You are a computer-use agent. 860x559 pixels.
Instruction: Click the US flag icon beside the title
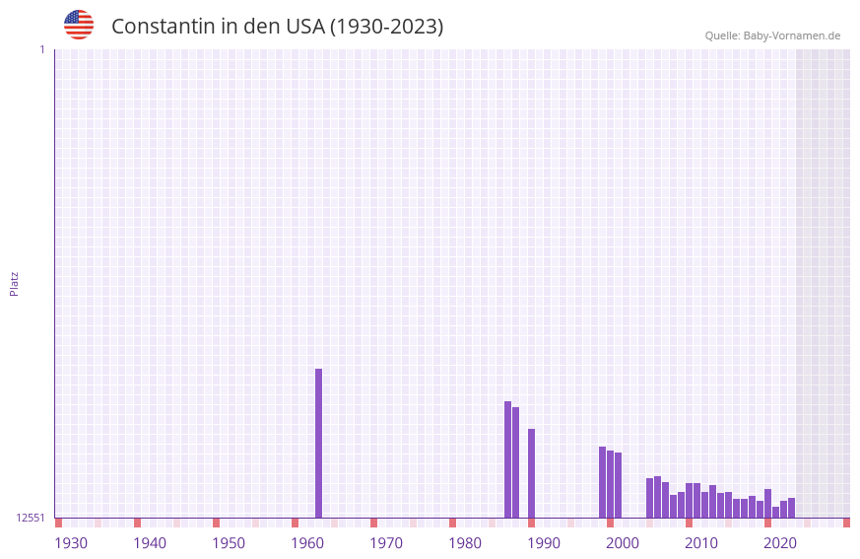tap(79, 25)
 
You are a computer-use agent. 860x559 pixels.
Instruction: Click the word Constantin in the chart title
tap(162, 27)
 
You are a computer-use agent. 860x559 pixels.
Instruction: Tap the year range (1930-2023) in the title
tap(386, 27)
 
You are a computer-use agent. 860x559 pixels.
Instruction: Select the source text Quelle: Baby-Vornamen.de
tap(772, 35)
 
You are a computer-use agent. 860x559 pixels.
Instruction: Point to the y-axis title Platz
tap(14, 283)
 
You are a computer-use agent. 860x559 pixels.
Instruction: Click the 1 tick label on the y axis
tap(42, 49)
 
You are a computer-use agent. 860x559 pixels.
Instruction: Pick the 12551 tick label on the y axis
tap(31, 518)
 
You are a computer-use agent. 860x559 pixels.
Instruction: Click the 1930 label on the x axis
tap(71, 543)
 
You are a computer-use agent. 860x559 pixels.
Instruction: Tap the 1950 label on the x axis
tap(229, 543)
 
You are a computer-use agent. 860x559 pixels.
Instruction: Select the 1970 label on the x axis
tap(386, 543)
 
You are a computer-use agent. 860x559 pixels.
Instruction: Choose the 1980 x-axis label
tap(465, 543)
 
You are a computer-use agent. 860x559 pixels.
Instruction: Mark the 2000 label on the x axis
tap(623, 543)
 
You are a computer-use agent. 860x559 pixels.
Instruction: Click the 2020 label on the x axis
tap(780, 543)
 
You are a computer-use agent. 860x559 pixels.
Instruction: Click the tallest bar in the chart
tap(318, 443)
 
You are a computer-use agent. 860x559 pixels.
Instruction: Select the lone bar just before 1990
tap(531, 473)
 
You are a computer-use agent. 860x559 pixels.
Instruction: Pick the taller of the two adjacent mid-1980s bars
tap(507, 459)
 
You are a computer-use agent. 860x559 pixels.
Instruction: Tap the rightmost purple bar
tap(791, 508)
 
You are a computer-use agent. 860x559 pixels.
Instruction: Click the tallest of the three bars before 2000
tap(602, 482)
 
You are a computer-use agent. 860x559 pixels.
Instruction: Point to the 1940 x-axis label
tap(150, 543)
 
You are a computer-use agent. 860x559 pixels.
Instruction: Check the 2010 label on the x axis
tap(701, 543)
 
